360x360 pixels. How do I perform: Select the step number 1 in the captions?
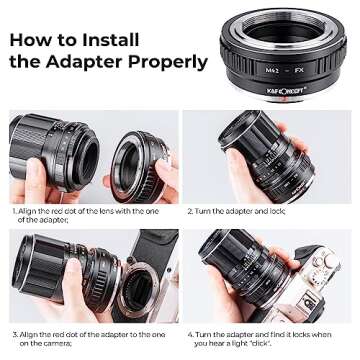coord(14,212)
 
